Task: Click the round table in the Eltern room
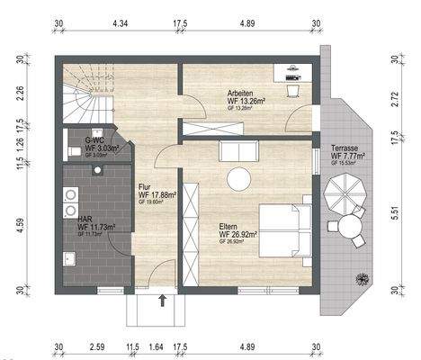[x=239, y=179]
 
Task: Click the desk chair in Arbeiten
[x=293, y=89]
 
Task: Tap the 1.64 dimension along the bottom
[x=155, y=346]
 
